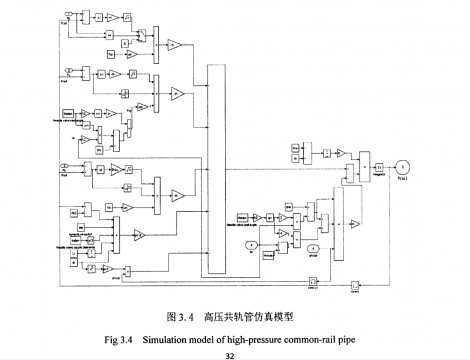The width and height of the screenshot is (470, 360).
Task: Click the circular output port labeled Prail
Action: coord(402,164)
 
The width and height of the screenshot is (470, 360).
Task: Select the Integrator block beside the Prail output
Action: coord(381,165)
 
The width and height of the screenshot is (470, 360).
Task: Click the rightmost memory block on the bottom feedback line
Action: coord(354,285)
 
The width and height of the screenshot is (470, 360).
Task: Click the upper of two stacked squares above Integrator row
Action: coord(295,146)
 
